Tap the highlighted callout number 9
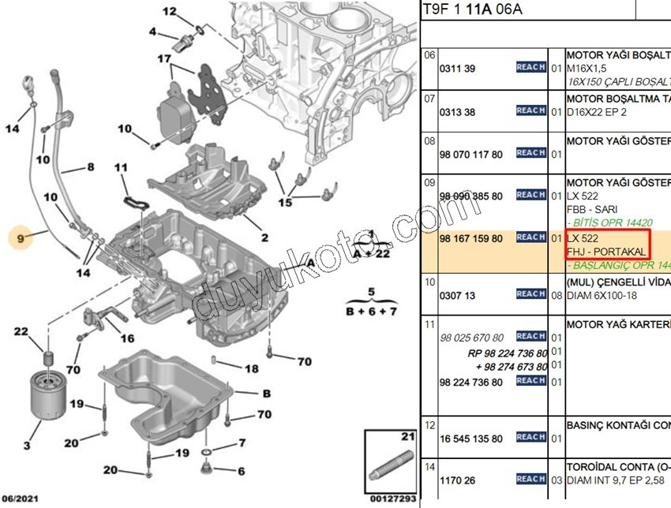point(20,236)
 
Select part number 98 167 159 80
point(471,237)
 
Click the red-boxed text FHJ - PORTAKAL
point(606,251)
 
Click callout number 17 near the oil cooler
point(163,58)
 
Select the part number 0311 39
point(457,69)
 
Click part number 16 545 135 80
point(471,439)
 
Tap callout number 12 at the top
point(171,11)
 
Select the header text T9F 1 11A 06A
point(472,9)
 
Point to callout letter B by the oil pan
point(266,393)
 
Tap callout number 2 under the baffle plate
point(264,237)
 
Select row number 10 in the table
point(429,280)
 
